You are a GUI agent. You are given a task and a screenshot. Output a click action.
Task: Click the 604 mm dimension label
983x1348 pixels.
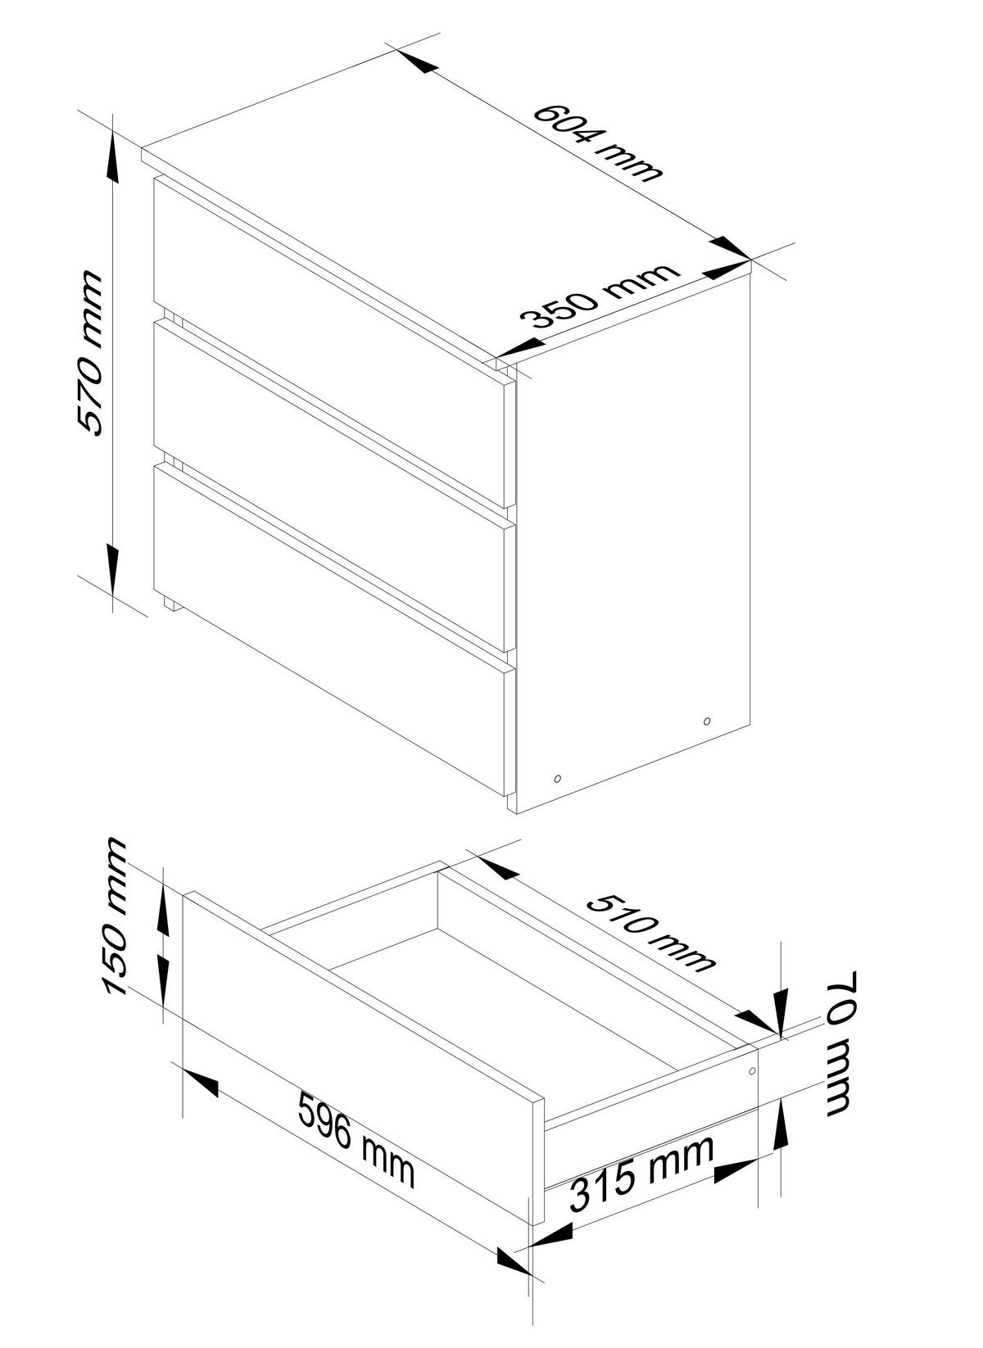(x=596, y=142)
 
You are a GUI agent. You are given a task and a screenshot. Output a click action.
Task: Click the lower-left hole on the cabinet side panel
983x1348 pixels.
(x=558, y=778)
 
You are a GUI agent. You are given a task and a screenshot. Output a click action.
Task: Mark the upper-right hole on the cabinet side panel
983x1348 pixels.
(x=707, y=721)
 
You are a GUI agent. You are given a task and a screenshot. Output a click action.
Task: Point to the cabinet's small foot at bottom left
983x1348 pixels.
(x=171, y=605)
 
